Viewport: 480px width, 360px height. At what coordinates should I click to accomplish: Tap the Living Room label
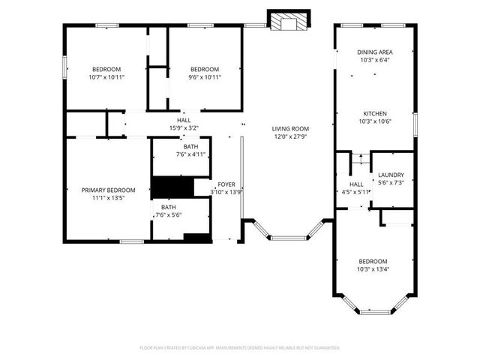click(x=290, y=128)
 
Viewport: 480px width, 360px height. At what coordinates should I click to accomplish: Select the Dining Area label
click(x=374, y=52)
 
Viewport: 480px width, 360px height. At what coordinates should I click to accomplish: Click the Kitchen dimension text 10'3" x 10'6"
click(x=374, y=121)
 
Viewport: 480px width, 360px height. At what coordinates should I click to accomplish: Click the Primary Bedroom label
click(x=108, y=190)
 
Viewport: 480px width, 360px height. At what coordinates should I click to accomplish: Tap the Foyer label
click(x=226, y=184)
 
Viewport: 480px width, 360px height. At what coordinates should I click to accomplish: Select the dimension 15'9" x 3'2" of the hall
click(x=184, y=128)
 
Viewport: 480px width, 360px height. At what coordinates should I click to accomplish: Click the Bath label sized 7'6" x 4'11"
click(x=190, y=146)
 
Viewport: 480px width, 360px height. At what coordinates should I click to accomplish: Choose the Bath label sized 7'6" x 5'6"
click(x=168, y=207)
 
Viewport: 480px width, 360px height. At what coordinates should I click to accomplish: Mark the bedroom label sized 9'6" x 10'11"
click(x=204, y=69)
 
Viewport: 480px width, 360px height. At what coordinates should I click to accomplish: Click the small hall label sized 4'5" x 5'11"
click(x=356, y=184)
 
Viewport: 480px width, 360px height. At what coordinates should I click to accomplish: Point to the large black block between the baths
click(x=172, y=186)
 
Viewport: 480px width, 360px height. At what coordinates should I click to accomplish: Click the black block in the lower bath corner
click(x=196, y=238)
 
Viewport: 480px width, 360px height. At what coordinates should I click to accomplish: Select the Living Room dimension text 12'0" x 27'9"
click(x=290, y=137)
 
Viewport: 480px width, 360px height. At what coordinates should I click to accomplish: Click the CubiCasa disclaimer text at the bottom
click(x=240, y=348)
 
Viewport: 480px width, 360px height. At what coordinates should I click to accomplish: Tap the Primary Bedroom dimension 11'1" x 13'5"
click(x=108, y=199)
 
